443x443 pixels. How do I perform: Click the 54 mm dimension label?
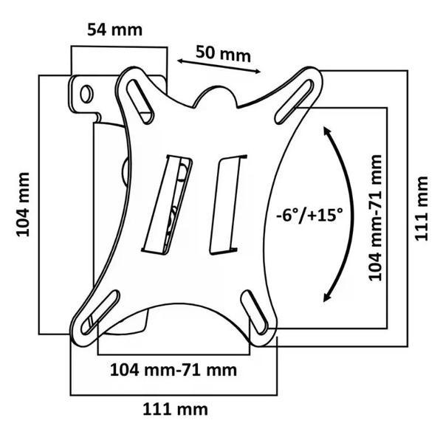[114, 30]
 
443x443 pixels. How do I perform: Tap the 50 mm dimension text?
[223, 54]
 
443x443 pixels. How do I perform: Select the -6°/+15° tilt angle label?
[309, 215]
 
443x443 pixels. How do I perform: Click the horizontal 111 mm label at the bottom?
[175, 409]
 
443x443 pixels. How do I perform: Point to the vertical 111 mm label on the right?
[422, 208]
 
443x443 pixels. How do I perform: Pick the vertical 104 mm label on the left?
[23, 205]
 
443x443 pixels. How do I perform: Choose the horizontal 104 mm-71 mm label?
[174, 370]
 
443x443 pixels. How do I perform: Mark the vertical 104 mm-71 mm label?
[376, 218]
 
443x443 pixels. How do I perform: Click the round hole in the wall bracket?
[86, 94]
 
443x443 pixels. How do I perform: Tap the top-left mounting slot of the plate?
[140, 101]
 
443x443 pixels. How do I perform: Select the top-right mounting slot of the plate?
[295, 102]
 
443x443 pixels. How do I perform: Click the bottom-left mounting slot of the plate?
[100, 312]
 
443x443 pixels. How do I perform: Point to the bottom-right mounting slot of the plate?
[255, 312]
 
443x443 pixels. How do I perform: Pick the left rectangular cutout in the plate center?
[168, 205]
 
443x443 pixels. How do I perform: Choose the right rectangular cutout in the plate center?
[228, 205]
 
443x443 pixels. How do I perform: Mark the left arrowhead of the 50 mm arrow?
[180, 61]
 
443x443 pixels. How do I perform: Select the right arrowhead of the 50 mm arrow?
[258, 72]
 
